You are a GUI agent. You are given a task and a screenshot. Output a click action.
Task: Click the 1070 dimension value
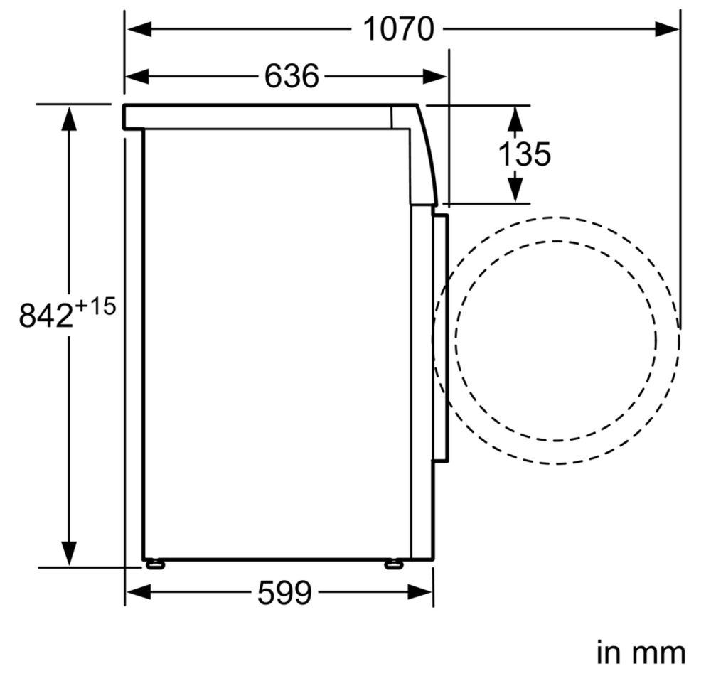399,29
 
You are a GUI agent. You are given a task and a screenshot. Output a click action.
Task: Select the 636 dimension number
292,76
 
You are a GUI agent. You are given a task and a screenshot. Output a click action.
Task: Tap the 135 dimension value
525,154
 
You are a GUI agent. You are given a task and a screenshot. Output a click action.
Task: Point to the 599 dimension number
285,593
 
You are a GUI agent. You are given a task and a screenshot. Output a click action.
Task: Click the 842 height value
46,316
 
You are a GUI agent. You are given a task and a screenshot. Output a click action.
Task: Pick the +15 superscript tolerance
96,306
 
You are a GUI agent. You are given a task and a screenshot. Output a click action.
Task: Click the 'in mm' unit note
641,653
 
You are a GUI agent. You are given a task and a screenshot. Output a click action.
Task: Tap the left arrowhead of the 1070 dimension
139,29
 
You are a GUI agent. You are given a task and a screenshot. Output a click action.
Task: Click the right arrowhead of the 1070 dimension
667,29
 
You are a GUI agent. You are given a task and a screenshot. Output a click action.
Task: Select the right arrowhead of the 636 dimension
434,76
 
